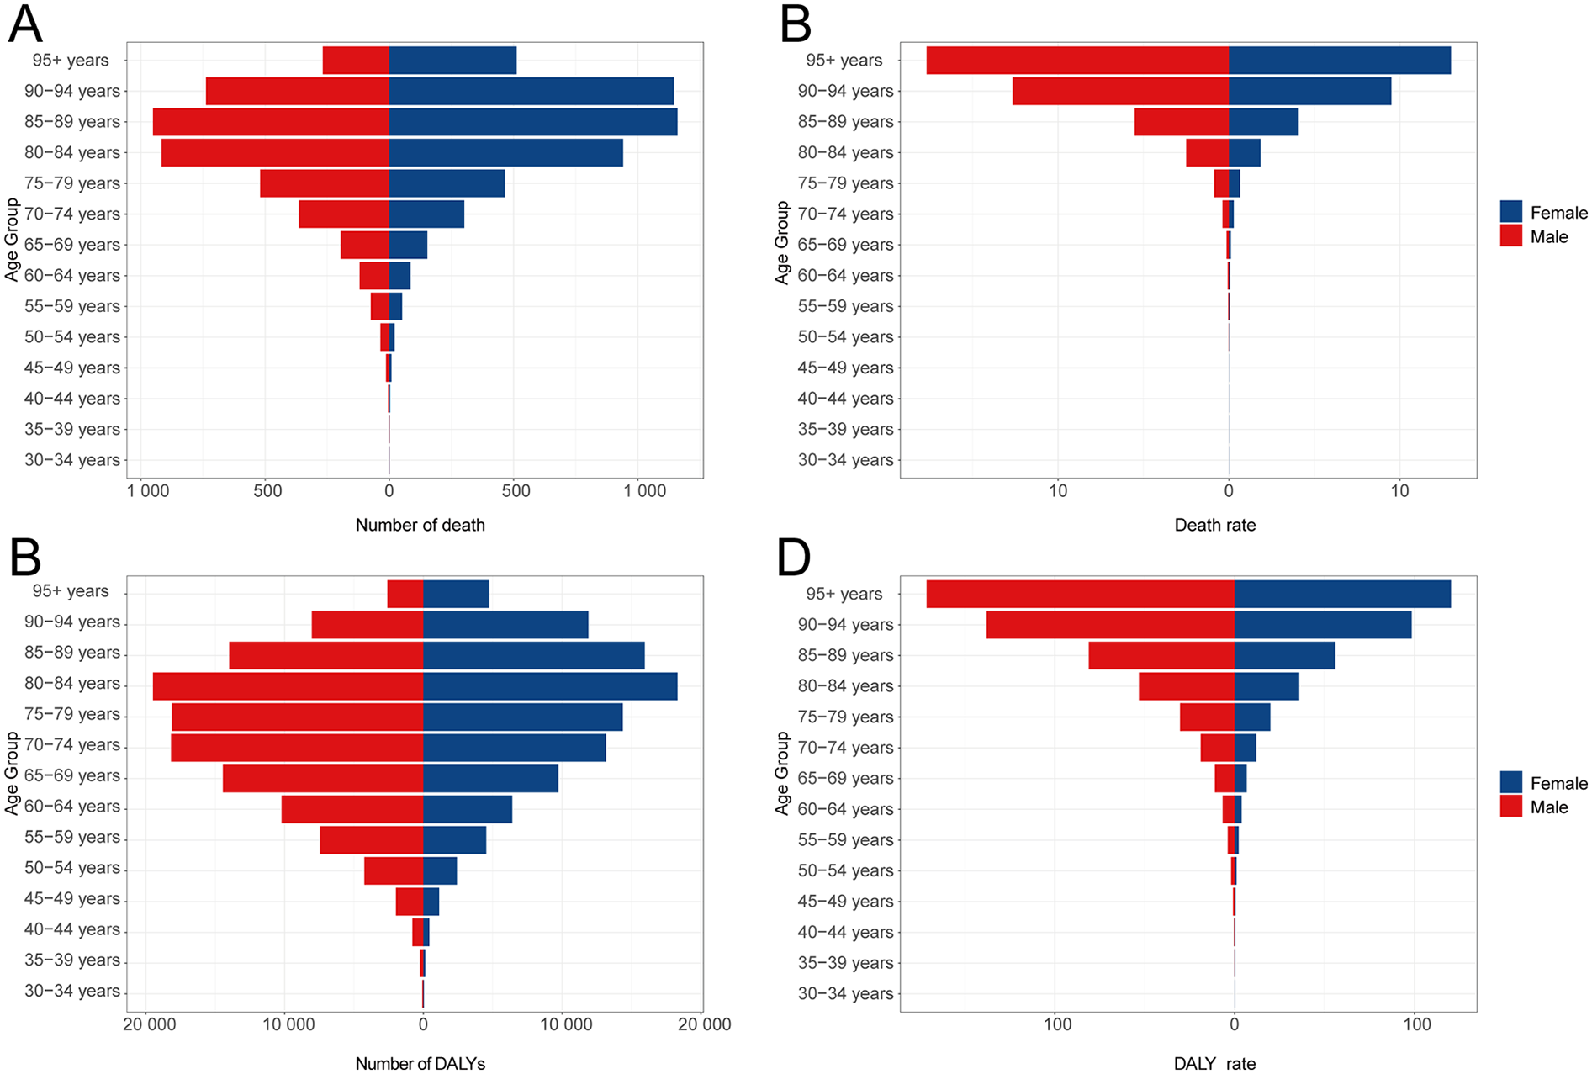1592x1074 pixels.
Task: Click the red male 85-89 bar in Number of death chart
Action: coord(271,122)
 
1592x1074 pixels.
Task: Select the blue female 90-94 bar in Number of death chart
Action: coord(532,91)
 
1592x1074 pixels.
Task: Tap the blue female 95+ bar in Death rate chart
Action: coord(1340,61)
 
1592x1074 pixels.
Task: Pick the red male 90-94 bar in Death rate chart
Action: coord(1120,91)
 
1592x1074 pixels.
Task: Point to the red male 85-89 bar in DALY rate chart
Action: coord(1161,656)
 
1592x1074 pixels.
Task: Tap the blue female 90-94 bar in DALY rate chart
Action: coord(1322,625)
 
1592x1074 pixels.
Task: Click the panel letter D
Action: coord(793,558)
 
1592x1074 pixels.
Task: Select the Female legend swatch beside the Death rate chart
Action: coord(1511,212)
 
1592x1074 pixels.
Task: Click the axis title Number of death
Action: coord(420,525)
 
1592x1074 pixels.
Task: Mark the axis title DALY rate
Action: coord(1214,1063)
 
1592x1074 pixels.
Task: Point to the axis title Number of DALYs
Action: coord(420,1063)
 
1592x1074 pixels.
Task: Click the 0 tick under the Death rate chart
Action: coord(1229,491)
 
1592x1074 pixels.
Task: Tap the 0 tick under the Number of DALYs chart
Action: coord(423,1024)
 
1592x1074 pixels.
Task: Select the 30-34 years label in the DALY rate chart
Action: coord(845,993)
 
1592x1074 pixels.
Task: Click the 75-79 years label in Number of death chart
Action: coord(72,183)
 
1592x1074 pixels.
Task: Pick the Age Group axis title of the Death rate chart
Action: coord(782,243)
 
